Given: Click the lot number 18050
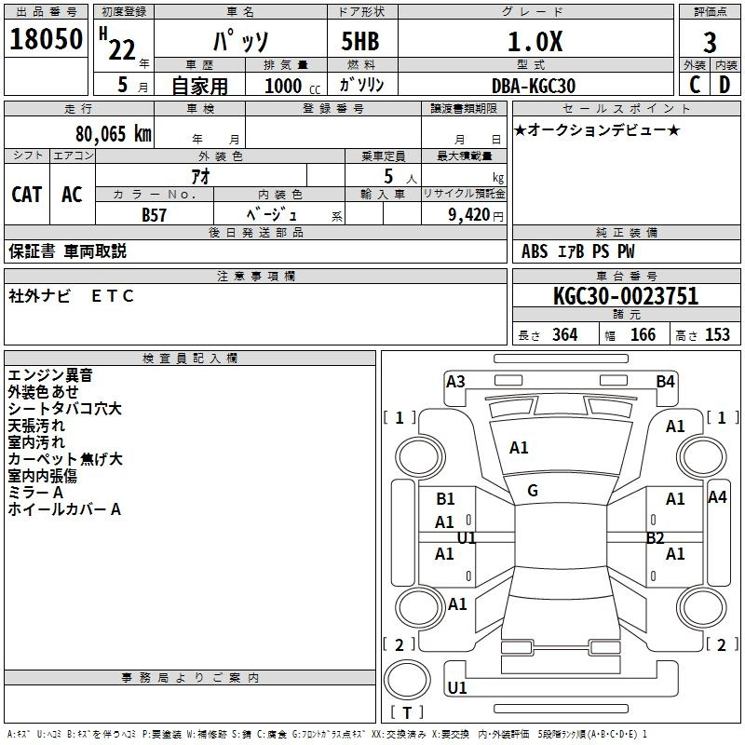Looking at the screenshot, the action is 46,39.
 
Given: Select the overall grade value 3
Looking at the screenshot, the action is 710,43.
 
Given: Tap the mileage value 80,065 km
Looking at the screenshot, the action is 113,134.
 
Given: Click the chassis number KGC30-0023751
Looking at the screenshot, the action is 626,296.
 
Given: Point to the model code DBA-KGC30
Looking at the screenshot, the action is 533,86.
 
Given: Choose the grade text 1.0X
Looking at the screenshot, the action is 535,41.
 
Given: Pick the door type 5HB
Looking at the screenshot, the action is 360,41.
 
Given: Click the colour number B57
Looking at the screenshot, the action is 154,215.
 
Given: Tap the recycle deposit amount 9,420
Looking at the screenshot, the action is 469,215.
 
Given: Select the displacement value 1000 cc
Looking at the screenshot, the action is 292,86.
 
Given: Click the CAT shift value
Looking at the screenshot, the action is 27,195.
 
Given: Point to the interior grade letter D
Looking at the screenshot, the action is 725,85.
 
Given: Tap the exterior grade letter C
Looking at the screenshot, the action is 695,85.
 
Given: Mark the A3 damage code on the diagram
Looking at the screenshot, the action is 455,382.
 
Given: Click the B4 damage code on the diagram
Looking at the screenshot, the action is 665,382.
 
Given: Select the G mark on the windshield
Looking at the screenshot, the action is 533,491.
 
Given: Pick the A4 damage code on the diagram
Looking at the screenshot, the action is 717,497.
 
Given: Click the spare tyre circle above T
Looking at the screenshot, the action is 407,679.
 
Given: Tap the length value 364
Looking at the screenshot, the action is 564,334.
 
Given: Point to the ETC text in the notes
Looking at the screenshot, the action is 113,296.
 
